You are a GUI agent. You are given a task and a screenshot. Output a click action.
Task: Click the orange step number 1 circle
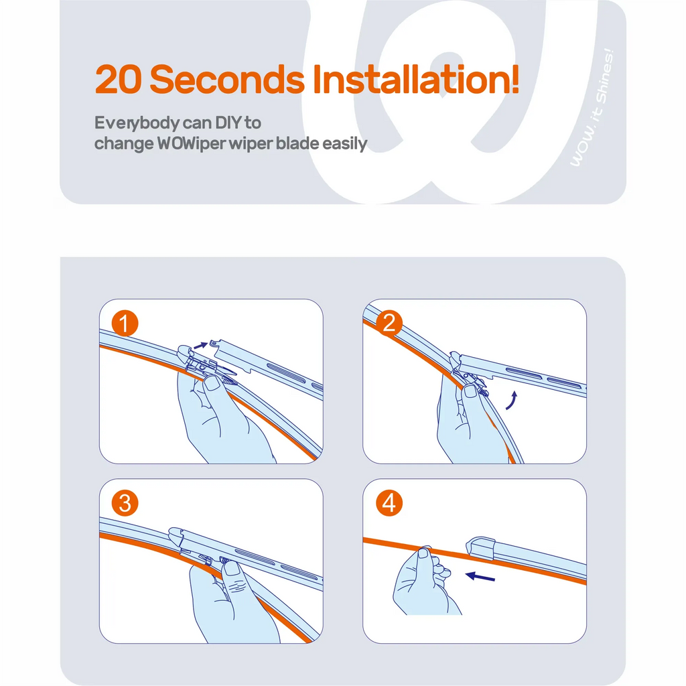(x=125, y=324)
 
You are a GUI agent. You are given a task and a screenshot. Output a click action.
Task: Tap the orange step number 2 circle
(x=389, y=324)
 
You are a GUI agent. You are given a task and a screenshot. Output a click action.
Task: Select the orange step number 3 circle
(x=125, y=503)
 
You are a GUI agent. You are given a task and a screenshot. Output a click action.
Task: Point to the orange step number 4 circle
(x=389, y=503)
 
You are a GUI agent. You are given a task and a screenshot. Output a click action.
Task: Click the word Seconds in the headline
(x=227, y=79)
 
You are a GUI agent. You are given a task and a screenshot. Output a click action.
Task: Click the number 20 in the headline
(x=118, y=79)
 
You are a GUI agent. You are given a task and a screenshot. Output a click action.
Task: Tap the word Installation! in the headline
(x=416, y=79)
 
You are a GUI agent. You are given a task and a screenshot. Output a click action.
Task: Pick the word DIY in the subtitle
(x=228, y=123)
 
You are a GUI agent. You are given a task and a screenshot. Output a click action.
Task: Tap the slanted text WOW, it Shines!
(x=592, y=107)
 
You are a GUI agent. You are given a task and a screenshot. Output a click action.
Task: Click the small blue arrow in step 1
(x=200, y=345)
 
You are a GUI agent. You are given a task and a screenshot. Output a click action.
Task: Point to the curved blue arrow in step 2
(x=512, y=401)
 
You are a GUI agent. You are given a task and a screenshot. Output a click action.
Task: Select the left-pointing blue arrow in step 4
(x=480, y=576)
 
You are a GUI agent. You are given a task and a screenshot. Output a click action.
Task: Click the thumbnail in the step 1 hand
(x=213, y=383)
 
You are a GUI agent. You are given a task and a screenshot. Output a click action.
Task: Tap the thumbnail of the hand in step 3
(x=231, y=568)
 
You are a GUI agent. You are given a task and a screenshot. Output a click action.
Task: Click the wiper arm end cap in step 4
(x=480, y=548)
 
